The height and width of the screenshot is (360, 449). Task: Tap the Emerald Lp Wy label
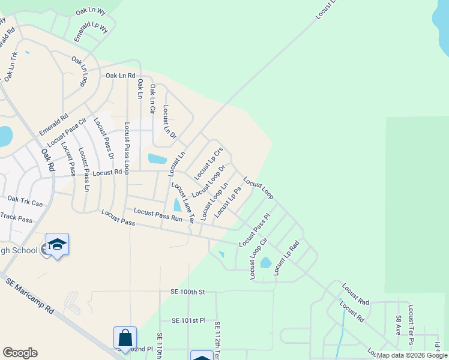pyautogui.click(x=91, y=32)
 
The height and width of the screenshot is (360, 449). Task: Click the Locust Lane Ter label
pyautogui.click(x=182, y=203)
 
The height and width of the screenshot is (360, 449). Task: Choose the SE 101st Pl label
pyautogui.click(x=188, y=320)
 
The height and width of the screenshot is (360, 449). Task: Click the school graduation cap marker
pyautogui.click(x=57, y=244)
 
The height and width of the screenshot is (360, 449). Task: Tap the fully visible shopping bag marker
pyautogui.click(x=125, y=338)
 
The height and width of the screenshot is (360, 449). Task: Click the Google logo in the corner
pyautogui.click(x=20, y=353)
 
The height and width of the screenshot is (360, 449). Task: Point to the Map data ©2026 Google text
pyautogui.click(x=412, y=355)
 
